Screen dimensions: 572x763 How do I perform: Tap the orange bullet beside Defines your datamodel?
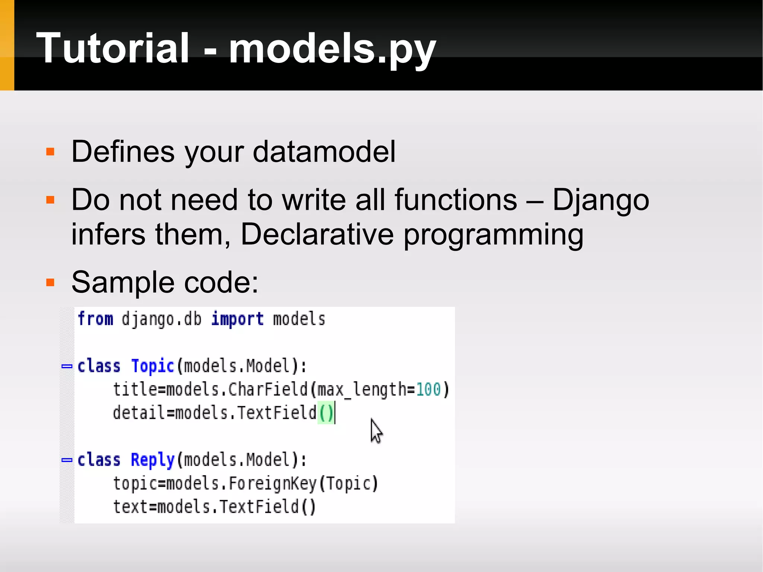[50, 152]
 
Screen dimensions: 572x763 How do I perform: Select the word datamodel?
[324, 152]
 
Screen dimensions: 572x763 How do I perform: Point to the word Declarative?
[317, 234]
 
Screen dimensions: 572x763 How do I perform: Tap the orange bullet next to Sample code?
[50, 283]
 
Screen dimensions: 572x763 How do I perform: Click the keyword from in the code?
[95, 319]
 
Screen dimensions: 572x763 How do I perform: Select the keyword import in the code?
[237, 319]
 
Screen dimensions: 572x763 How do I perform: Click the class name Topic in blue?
[153, 366]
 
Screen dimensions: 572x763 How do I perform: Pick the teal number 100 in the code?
[428, 390]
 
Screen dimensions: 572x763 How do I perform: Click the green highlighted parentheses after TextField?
[326, 413]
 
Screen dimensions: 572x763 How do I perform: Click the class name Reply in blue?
[153, 460]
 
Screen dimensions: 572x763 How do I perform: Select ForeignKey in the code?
[272, 484]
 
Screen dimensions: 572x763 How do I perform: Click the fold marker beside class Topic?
[67, 366]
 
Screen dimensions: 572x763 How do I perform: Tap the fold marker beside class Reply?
[67, 460]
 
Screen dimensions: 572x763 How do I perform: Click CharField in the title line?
[267, 390]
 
